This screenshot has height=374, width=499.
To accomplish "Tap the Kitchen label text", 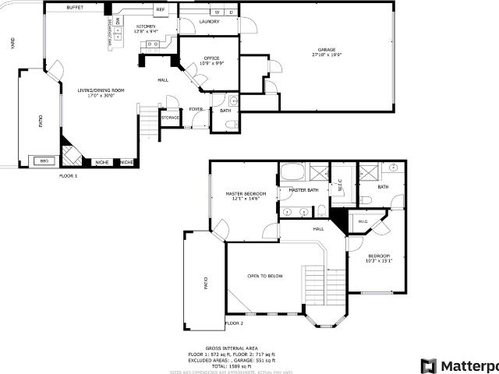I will [146, 26].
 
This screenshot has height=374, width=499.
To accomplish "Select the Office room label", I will [211, 58].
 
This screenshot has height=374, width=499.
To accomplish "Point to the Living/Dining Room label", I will [101, 90].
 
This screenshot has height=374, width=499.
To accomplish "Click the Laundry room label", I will [208, 22].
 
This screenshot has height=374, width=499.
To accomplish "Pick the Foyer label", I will [196, 109].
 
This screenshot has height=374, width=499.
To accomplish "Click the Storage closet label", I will [170, 118].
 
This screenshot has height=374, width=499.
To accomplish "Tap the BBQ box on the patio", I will [44, 161].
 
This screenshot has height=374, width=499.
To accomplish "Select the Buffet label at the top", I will [75, 7].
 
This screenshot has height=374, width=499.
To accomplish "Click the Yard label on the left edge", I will [12, 44].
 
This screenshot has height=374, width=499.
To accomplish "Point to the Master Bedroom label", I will [246, 193].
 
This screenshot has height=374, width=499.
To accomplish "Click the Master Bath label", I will [303, 190].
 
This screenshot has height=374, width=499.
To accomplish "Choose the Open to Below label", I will [265, 276].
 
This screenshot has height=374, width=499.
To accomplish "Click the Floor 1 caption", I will [69, 176].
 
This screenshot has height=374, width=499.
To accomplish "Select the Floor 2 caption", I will [234, 323].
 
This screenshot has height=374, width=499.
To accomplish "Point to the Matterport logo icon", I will [428, 365].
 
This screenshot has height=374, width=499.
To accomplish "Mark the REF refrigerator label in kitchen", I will [161, 9].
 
